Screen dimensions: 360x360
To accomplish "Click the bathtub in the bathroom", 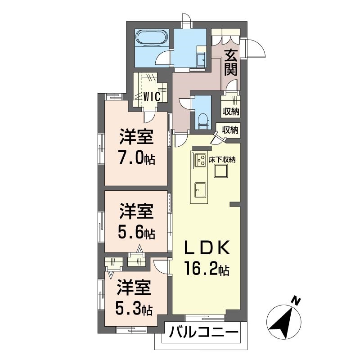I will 152,38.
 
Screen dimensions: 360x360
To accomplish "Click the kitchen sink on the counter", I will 198,189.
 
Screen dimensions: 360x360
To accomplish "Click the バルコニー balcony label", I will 203,334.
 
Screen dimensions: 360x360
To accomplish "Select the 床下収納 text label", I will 223,159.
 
